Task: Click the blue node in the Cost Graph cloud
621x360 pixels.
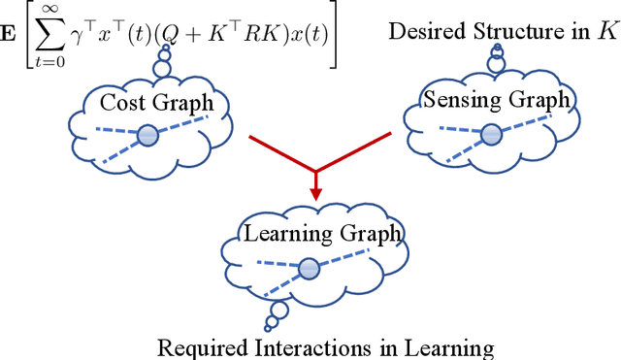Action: pos(147,136)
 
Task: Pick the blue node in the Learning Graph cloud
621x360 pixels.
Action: pos(308,266)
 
